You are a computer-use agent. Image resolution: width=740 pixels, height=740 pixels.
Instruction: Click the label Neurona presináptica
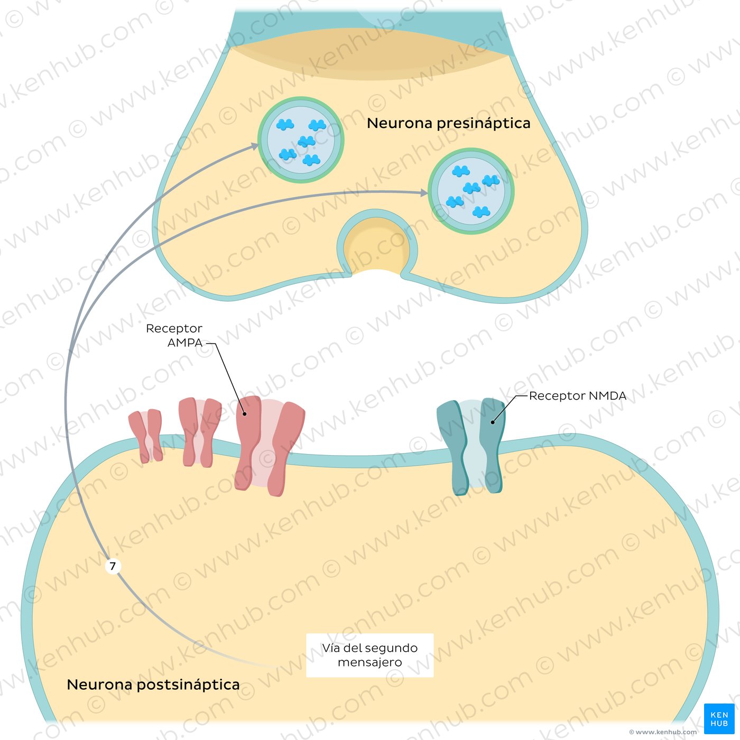coord(448,123)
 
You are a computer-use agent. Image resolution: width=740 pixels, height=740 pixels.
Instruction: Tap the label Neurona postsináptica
coord(153,684)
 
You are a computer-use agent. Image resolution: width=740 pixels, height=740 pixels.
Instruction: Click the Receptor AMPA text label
coord(174,336)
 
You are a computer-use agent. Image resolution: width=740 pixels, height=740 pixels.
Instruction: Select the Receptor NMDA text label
coord(577,396)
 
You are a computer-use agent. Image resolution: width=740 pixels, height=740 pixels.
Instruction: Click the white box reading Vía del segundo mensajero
coord(370,655)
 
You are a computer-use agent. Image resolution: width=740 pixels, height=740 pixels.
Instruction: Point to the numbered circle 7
coord(113,566)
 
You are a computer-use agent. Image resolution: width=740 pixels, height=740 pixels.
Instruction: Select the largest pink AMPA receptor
coord(270,445)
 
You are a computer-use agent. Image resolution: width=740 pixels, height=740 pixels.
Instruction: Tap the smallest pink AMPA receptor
coord(146,436)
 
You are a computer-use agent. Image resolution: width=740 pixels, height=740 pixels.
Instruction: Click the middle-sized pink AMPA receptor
coord(199,431)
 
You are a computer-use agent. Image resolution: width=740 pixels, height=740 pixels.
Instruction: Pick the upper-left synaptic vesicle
coord(301,140)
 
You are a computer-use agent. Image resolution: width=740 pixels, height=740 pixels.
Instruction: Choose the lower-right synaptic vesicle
coord(471,191)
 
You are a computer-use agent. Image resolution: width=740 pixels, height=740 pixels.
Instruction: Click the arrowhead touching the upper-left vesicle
coord(255,146)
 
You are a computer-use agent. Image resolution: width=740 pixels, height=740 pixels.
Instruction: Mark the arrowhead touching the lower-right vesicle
coord(424,193)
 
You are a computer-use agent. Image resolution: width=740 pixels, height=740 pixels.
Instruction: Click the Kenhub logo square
coord(719,719)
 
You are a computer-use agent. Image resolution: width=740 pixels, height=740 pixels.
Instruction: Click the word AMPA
coord(185,343)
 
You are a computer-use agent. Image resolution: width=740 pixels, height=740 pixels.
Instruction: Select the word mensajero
coord(370,662)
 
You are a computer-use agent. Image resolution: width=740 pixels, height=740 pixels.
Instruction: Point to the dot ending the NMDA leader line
coord(493,422)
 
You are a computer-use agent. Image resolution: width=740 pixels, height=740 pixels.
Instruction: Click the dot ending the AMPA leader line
coord(244,414)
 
